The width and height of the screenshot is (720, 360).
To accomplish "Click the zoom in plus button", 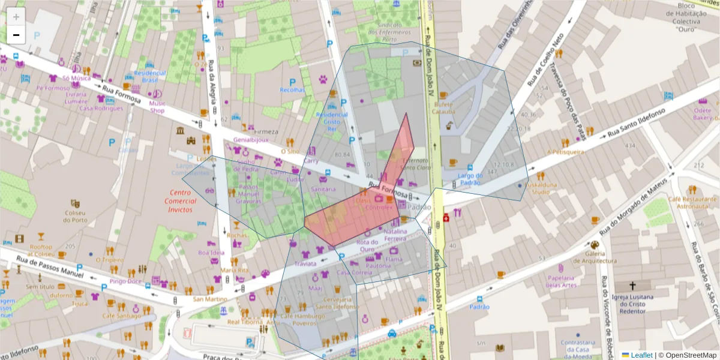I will click(16, 17).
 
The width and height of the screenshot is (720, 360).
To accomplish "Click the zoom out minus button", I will click(16, 35).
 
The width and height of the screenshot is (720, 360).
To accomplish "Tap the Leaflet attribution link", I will click(641, 355).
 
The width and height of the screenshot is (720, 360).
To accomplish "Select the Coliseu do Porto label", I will click(76, 215).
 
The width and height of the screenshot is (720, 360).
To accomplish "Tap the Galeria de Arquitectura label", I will click(593, 257).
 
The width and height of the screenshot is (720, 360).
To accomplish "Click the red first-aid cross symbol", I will click(445, 218).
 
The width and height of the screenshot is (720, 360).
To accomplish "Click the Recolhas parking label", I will click(292, 90).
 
